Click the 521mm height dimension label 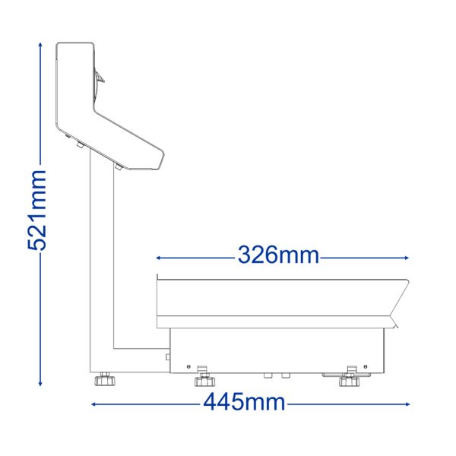click(37, 211)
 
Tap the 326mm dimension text click(279, 255)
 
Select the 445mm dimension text click(244, 402)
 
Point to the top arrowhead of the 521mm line click(40, 45)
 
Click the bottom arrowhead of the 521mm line click(40, 384)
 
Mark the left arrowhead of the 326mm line click(159, 258)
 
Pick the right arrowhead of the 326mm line click(407, 258)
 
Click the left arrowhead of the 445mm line click(94, 404)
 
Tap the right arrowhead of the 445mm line click(407, 404)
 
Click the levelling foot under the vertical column click(105, 379)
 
